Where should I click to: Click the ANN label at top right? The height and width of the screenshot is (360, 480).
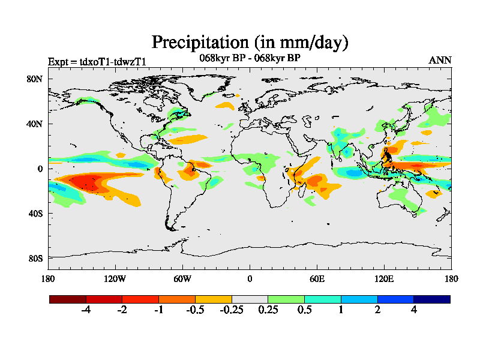pos(440,60)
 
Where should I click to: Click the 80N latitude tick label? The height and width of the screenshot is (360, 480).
pos(35,79)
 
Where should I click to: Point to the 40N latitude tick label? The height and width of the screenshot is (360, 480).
pos(35,124)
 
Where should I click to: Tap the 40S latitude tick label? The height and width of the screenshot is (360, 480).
pos(35,213)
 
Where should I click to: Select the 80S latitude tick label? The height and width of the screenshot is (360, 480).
pos(35,258)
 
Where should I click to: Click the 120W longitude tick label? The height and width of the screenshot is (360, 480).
pos(115,278)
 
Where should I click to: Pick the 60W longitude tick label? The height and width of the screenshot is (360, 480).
pos(182,278)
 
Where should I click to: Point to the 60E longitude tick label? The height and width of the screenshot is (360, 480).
pos(317,278)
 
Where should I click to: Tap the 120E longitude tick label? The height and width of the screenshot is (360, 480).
pos(384,278)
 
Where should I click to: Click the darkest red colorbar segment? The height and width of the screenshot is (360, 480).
pos(68,299)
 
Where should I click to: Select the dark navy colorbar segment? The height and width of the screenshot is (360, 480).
pos(431,299)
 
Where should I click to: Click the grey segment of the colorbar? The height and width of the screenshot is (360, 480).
pos(250,299)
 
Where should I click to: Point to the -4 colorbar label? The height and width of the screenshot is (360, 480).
pos(86,310)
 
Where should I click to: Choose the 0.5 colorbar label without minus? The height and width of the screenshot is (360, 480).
pos(304,310)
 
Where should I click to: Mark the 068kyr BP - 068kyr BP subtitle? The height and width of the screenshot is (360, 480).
pos(250,58)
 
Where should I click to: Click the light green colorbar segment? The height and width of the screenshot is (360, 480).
pos(286,299)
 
